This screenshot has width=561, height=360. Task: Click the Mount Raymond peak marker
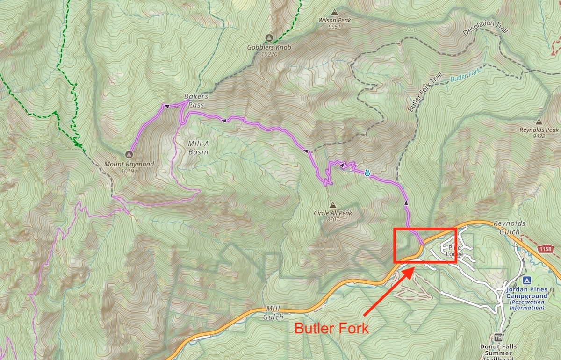click(x=129, y=154)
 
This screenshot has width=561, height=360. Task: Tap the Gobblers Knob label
click(x=269, y=48)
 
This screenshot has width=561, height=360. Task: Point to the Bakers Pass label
click(x=195, y=101)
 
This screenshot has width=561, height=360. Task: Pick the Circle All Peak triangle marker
click(x=332, y=205)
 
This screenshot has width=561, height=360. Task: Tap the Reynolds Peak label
click(x=539, y=130)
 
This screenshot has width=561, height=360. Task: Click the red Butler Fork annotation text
click(x=331, y=328)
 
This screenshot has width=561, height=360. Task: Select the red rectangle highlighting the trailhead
click(x=424, y=229)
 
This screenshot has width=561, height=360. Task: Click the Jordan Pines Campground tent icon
click(x=526, y=281)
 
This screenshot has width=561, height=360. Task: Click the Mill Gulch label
click(x=274, y=313)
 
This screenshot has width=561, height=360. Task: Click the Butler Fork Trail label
click(x=418, y=94)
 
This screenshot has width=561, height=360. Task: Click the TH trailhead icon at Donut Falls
click(x=499, y=338)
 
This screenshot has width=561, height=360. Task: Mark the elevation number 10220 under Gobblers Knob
click(x=269, y=54)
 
